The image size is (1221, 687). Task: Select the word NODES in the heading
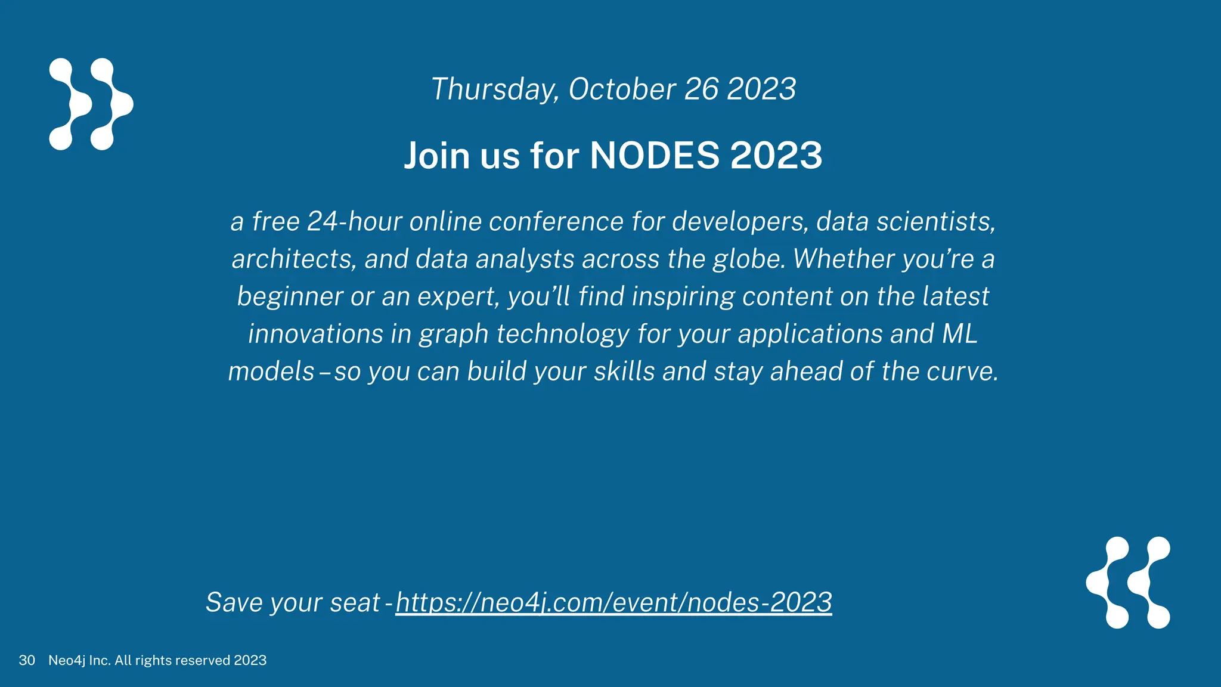655,156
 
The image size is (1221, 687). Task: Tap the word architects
294,259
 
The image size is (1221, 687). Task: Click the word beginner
289,297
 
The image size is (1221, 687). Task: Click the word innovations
315,334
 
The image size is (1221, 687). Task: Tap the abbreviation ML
960,334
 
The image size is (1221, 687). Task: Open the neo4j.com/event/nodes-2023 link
613,602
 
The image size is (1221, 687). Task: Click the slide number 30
27,660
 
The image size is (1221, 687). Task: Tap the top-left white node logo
91,104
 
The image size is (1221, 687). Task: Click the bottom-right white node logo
1128,583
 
